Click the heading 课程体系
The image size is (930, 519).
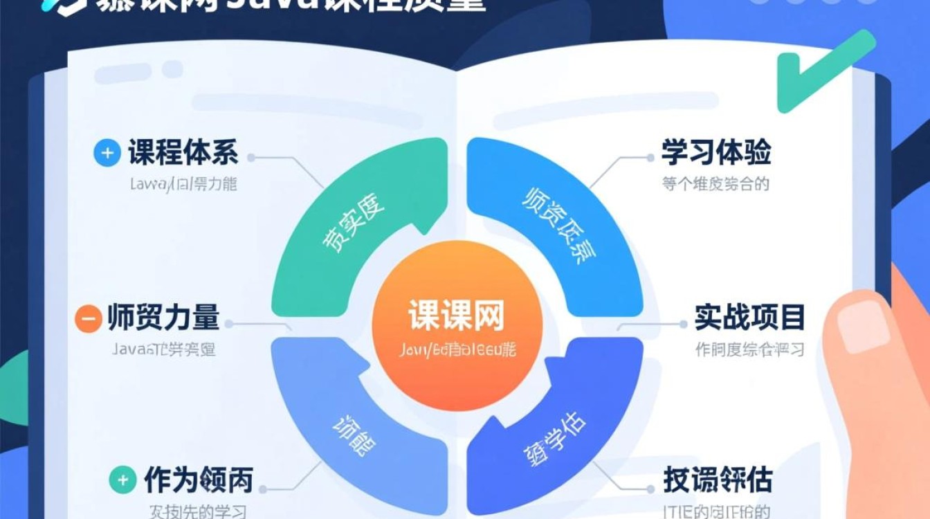point(183,153)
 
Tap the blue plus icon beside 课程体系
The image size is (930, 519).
point(107,153)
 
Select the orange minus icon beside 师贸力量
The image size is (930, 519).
point(88,319)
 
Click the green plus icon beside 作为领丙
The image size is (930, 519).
point(122,480)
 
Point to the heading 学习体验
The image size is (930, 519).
point(716,153)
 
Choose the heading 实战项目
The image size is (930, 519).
point(750,318)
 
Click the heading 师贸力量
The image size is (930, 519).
point(163,318)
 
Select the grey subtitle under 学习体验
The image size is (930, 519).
point(715,185)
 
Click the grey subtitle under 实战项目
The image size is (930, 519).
point(749,349)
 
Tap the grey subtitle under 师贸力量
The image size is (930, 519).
point(164,349)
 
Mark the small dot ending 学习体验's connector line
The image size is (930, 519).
point(650,158)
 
